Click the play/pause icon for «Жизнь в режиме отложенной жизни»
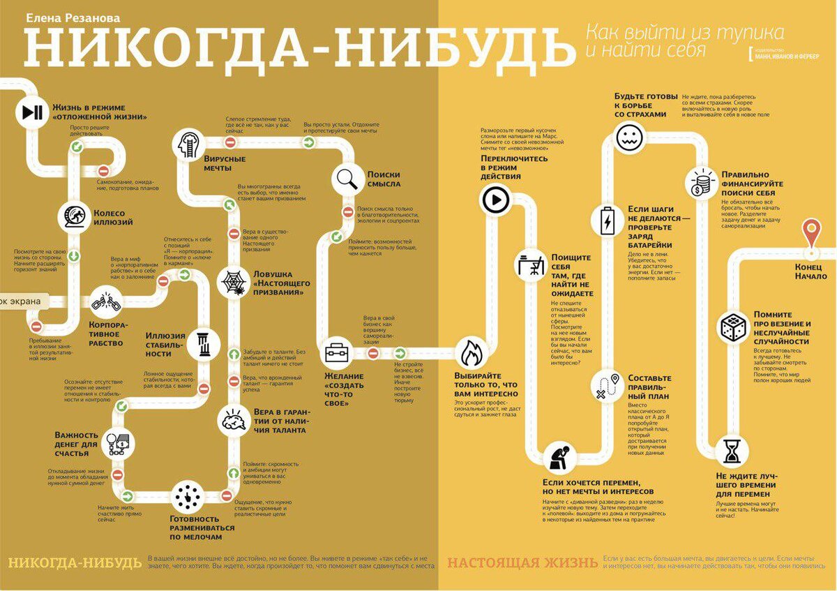(x=32, y=112)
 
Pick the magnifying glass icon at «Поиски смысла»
(x=347, y=179)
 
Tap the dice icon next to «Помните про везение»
(x=733, y=326)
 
